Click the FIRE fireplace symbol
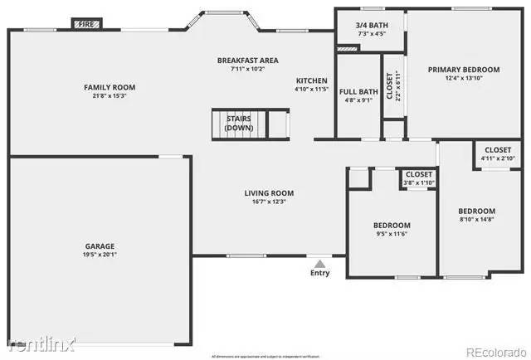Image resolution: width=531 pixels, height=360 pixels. [85, 25]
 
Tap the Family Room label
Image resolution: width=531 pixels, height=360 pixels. [110, 87]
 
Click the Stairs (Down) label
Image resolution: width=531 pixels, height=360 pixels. [239, 124]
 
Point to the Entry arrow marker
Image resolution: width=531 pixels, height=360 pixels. [319, 263]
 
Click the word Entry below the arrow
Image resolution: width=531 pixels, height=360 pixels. [319, 273]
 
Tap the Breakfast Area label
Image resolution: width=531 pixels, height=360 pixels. [247, 61]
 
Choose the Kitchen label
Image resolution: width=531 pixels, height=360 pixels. [312, 80]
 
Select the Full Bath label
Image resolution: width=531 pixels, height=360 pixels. [358, 91]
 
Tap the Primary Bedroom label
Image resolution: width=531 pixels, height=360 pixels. [464, 70]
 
